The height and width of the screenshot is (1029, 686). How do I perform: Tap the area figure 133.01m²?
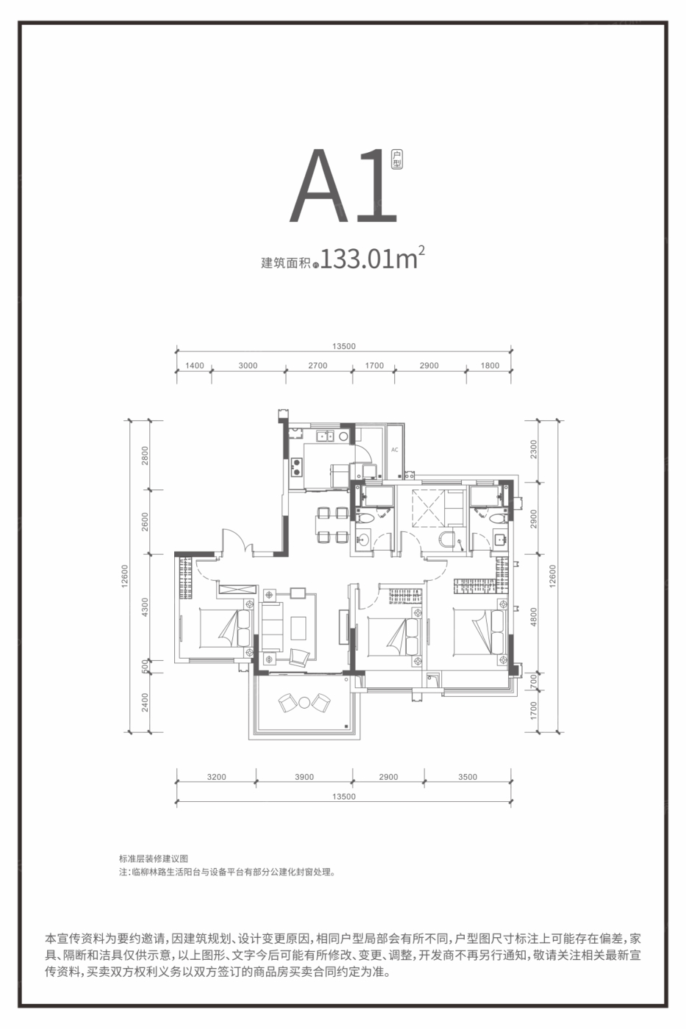[372, 260]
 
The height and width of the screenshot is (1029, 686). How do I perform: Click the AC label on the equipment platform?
[395, 450]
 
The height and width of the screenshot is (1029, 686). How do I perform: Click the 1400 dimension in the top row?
[194, 365]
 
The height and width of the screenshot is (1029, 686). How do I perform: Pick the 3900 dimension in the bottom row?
[304, 777]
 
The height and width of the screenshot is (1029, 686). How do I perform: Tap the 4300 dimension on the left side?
[145, 606]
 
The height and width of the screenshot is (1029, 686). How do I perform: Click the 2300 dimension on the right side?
[534, 450]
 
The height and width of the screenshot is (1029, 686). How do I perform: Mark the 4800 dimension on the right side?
[534, 614]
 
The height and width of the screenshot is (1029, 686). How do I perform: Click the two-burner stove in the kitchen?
[298, 465]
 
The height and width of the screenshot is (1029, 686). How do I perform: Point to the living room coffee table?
[298, 628]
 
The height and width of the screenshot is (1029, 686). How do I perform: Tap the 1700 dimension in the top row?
[374, 365]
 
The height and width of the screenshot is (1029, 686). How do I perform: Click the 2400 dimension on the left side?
[145, 702]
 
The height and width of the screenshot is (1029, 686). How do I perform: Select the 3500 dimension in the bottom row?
[468, 777]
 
